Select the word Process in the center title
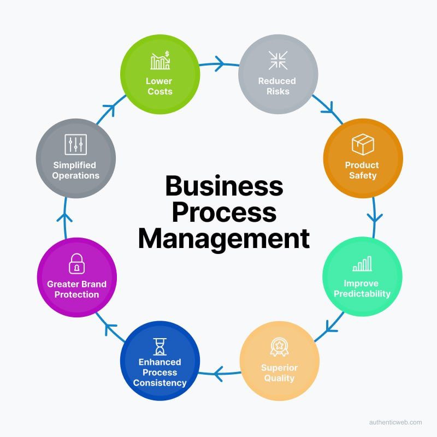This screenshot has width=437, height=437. click(x=224, y=212)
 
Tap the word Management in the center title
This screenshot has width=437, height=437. click(x=224, y=239)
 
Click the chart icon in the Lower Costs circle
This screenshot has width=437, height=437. click(x=160, y=61)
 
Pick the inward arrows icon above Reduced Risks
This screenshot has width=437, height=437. click(x=278, y=61)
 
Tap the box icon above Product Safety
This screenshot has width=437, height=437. click(x=363, y=145)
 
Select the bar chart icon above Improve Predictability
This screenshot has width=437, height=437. click(x=362, y=264)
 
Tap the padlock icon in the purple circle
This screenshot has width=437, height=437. click(x=76, y=264)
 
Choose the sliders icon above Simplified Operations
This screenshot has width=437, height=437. click(x=75, y=145)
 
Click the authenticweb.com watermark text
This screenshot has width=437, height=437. click(x=395, y=422)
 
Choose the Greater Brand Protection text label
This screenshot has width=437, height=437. click(x=76, y=289)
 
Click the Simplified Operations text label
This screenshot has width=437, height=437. click(x=76, y=170)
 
